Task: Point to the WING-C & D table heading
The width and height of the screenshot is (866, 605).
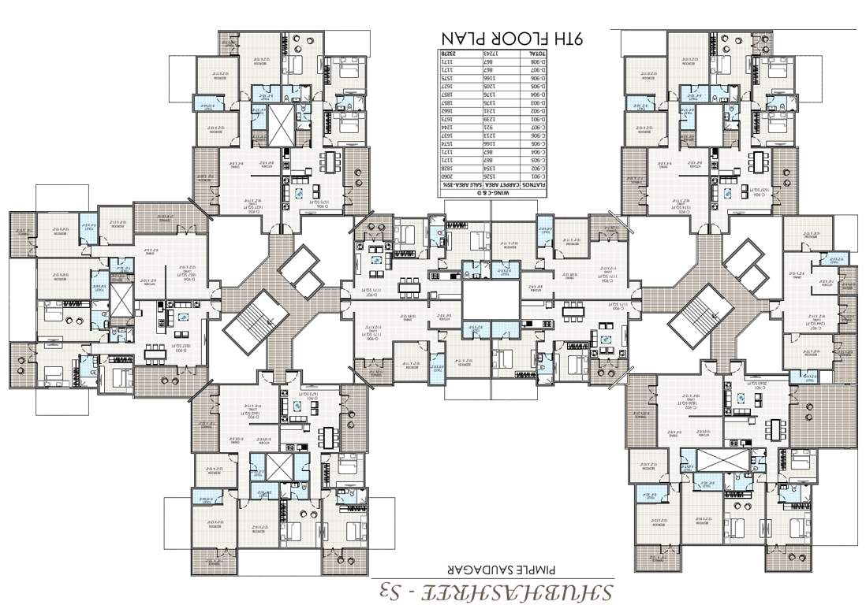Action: tap(494, 192)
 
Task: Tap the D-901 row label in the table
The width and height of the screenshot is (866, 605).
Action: tap(532, 119)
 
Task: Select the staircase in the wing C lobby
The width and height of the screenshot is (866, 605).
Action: tap(698, 320)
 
